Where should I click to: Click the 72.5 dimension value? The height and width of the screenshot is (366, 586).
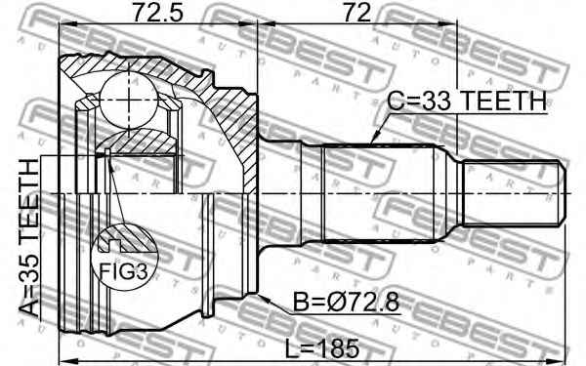click(158, 12)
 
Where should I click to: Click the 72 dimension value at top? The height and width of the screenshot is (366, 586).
click(357, 12)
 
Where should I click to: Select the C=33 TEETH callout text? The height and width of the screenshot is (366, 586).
click(467, 101)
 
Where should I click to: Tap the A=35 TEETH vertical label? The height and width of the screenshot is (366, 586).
click(29, 238)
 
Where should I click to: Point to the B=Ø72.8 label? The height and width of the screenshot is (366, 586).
click(346, 302)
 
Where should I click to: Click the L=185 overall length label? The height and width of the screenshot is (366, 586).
click(322, 348)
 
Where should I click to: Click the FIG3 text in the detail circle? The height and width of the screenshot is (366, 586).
click(124, 271)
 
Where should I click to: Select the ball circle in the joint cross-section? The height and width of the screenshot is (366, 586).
click(129, 101)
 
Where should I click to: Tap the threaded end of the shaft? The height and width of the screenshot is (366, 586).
click(515, 193)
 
